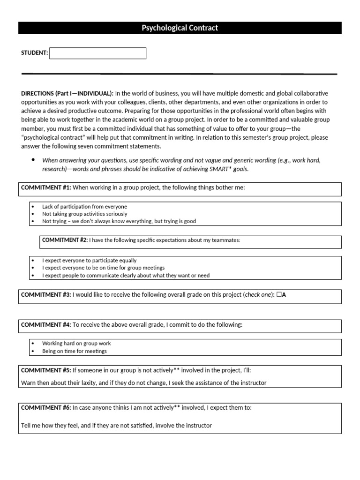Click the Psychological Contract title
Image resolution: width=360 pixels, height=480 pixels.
pyautogui.click(x=180, y=28)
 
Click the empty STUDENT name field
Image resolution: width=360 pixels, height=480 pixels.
pyautogui.click(x=97, y=53)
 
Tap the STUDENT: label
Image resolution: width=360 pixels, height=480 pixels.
pyautogui.click(x=35, y=53)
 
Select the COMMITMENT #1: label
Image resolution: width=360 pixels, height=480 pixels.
pyautogui.click(x=46, y=187)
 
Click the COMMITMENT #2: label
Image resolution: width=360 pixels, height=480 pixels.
pyautogui.click(x=65, y=240)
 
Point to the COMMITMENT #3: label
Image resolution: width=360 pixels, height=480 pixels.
pyautogui.click(x=46, y=295)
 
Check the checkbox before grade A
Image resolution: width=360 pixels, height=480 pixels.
pyautogui.click(x=279, y=295)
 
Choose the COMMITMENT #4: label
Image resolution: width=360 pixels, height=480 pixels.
pyautogui.click(x=46, y=325)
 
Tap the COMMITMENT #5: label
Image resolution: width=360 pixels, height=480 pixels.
pyautogui.click(x=46, y=370)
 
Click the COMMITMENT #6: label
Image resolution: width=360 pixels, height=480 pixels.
pyautogui.click(x=46, y=408)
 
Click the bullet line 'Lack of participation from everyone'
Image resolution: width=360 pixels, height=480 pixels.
pyautogui.click(x=84, y=206)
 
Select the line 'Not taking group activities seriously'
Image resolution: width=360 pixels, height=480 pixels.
pyautogui.click(x=84, y=214)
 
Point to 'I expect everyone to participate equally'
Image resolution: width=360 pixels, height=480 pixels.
pyautogui.click(x=90, y=260)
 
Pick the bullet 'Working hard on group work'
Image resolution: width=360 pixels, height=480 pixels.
pyautogui.click(x=76, y=344)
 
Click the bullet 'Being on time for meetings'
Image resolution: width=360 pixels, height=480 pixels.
pyautogui.click(x=75, y=351)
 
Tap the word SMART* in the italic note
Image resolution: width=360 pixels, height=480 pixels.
pyautogui.click(x=222, y=169)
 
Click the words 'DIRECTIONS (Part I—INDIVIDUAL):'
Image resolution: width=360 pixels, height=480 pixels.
pyautogui.click(x=67, y=93)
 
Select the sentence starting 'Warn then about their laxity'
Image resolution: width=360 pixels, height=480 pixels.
pyautogui.click(x=143, y=383)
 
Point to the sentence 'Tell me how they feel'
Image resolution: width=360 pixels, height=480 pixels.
pyautogui.click(x=116, y=426)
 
